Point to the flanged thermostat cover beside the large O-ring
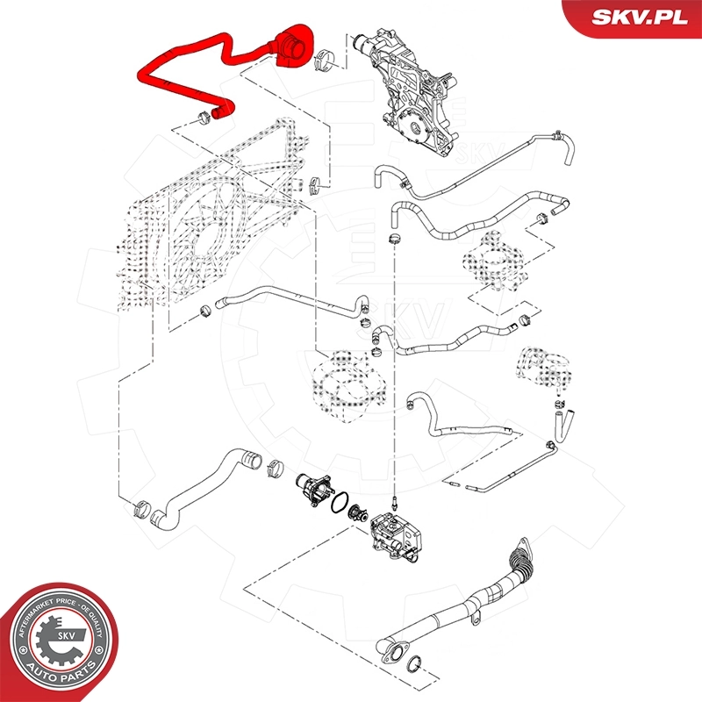(311, 485)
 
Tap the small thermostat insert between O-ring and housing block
(355, 514)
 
